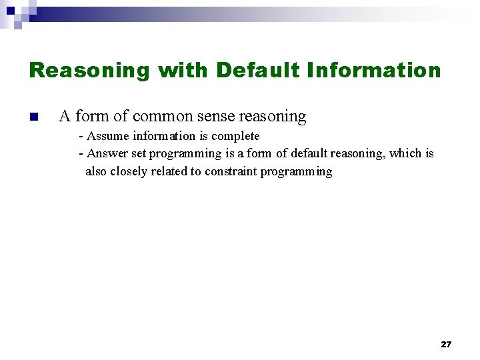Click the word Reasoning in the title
[90, 70]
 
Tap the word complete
[235, 136]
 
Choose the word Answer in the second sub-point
[108, 153]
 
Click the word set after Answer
[139, 153]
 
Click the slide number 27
[446, 345]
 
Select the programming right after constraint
[296, 171]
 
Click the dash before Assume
[81, 136]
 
